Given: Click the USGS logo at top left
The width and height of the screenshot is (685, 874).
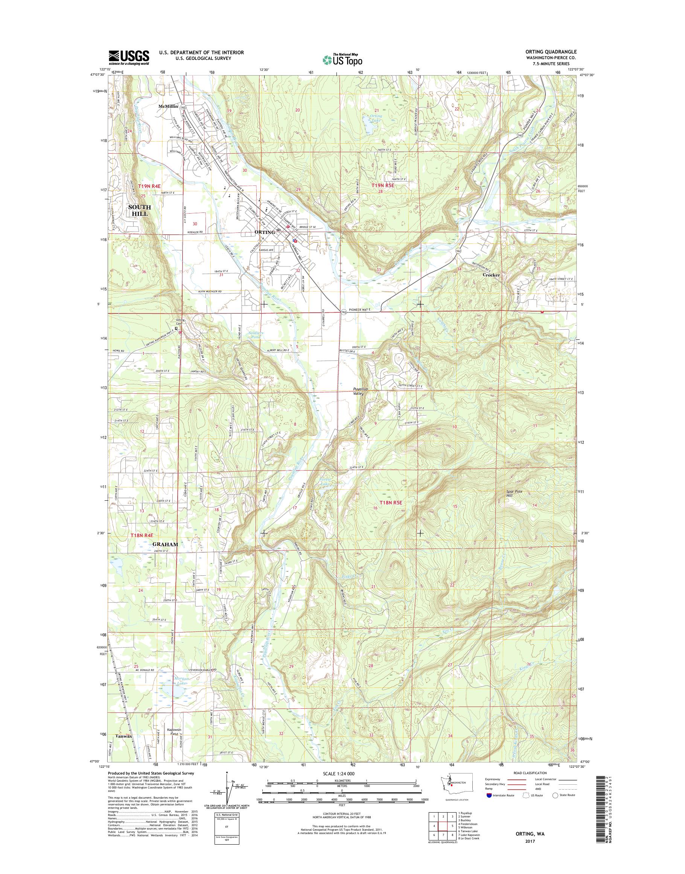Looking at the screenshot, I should click(128, 57).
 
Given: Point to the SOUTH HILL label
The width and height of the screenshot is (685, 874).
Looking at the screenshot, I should click(139, 210).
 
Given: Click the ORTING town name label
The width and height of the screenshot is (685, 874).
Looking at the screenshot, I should click(264, 232).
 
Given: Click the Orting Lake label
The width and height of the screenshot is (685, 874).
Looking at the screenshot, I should click(376, 118).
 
